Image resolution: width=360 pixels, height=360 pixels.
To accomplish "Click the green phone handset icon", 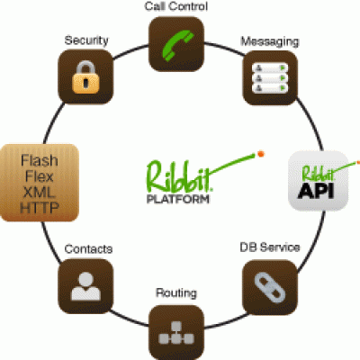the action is [177, 44].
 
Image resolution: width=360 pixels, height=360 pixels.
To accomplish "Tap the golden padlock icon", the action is [85, 77].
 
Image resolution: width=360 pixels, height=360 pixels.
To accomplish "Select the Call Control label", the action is [176, 6].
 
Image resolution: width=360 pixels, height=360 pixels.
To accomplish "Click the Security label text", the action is [86, 40].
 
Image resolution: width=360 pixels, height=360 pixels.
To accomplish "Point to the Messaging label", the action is [270, 41].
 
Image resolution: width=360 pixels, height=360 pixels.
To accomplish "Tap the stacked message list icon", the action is [270, 77].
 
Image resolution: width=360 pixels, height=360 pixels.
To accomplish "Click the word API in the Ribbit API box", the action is [316, 190].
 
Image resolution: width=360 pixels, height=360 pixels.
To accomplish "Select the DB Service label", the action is [270, 247].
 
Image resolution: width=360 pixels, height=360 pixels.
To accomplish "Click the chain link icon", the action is [270, 288].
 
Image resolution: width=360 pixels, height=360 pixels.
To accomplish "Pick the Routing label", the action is [176, 292].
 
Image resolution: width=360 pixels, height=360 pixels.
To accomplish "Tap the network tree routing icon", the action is [176, 333].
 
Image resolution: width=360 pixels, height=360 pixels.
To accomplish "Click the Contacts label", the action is [88, 249].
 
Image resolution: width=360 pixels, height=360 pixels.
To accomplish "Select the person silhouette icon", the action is [85, 286].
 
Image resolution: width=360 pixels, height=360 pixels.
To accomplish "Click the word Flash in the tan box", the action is [40, 160].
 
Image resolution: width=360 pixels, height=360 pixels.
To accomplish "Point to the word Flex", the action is [40, 176].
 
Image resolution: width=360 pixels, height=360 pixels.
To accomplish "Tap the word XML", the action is [40, 192].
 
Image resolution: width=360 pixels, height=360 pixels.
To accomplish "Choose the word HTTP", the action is [40, 208].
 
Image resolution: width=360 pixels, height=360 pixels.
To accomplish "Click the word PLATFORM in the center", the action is [178, 199].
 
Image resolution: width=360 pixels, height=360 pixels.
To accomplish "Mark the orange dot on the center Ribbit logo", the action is [261, 154].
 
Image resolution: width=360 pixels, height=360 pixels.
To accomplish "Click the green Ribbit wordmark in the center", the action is [180, 176].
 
